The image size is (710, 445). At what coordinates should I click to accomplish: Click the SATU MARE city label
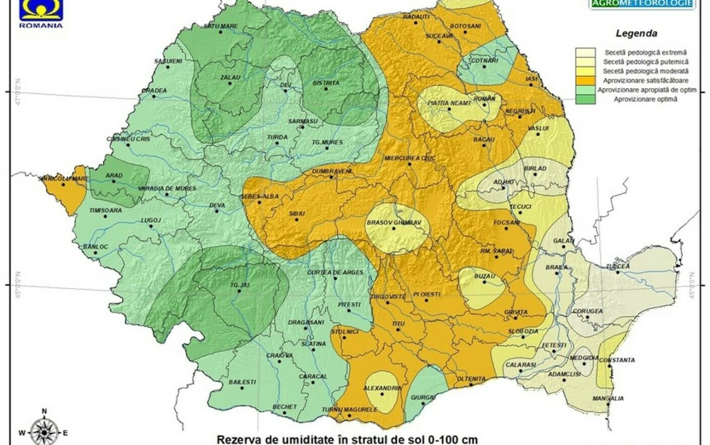click(220, 26)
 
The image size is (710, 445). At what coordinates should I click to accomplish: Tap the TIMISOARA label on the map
click(105, 210)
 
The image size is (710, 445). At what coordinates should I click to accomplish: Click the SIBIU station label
click(297, 214)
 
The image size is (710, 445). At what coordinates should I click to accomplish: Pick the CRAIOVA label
click(279, 356)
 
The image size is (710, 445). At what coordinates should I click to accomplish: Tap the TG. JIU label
click(240, 286)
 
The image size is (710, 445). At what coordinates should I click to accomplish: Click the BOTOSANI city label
click(465, 26)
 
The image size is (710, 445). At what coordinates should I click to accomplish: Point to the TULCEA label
click(618, 266)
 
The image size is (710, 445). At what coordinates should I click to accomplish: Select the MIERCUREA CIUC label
click(409, 158)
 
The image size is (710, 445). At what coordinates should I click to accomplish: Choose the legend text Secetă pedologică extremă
click(645, 52)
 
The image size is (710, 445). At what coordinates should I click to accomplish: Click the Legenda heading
click(636, 34)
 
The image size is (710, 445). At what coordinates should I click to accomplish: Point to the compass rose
click(44, 431)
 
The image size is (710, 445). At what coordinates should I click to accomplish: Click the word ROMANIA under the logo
click(41, 25)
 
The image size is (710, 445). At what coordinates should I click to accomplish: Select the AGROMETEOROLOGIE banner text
click(642, 4)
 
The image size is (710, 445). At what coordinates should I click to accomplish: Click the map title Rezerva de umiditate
click(347, 439)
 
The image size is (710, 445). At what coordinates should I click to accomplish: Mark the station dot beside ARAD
click(114, 182)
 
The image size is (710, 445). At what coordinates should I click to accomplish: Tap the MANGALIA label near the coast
click(608, 399)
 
